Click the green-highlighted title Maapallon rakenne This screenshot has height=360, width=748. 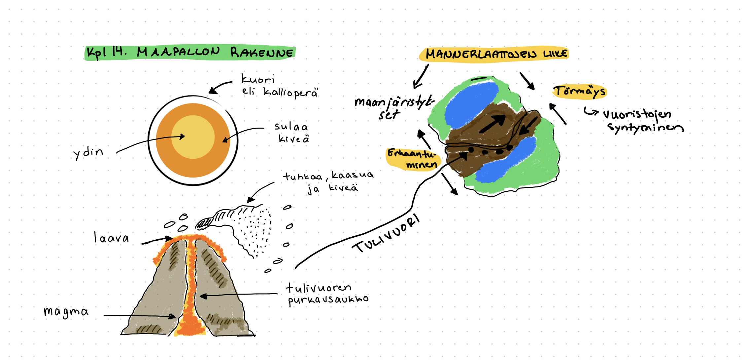[x=190, y=53]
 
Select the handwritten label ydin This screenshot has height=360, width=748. [x=88, y=153]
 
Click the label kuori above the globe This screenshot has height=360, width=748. [x=257, y=79]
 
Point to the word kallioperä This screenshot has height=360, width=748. [x=290, y=92]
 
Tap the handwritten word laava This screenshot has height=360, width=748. [x=111, y=238]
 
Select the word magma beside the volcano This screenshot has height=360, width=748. [x=66, y=311]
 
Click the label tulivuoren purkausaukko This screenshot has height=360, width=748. [x=327, y=294]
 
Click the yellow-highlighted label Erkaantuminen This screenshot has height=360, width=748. [x=412, y=159]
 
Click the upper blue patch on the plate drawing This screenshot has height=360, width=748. [x=470, y=104]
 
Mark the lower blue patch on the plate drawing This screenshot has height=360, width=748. [x=505, y=160]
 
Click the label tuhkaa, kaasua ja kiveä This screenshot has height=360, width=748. [x=328, y=181]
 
